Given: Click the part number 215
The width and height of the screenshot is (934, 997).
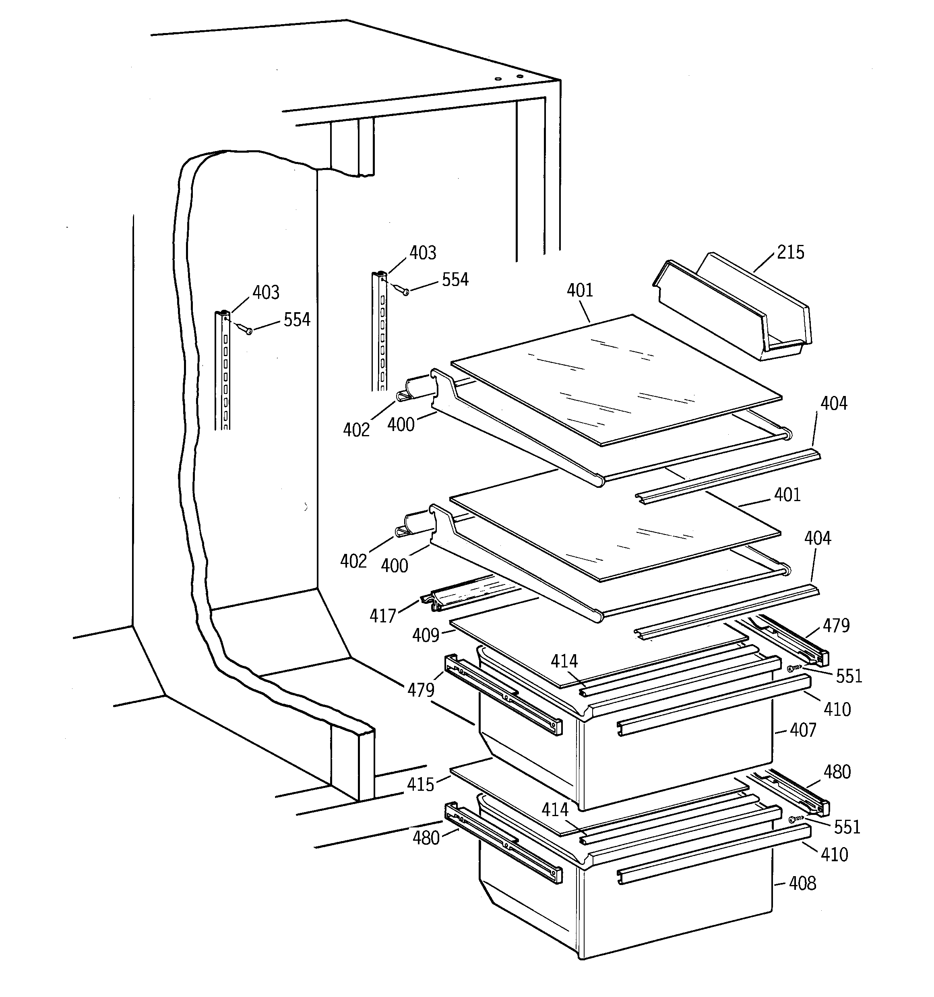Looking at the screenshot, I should click(790, 252).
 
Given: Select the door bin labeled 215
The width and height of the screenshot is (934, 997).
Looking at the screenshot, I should click(732, 309).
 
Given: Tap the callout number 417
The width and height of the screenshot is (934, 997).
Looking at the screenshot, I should click(382, 616).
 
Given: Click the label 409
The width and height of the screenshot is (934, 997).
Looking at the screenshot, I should click(426, 635).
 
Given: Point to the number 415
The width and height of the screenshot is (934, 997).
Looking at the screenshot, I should click(420, 784).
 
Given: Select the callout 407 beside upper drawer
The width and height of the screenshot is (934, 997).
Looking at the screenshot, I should click(803, 730).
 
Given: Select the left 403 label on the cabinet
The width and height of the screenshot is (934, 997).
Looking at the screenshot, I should click(266, 292).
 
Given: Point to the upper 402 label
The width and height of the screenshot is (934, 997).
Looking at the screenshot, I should click(356, 430).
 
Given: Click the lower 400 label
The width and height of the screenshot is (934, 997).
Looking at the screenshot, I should click(394, 566).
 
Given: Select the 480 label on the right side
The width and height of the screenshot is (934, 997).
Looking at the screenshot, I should click(837, 772).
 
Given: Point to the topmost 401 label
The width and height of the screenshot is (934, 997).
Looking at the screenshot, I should click(580, 290).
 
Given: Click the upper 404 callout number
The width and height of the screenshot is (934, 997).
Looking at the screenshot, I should click(833, 403).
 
